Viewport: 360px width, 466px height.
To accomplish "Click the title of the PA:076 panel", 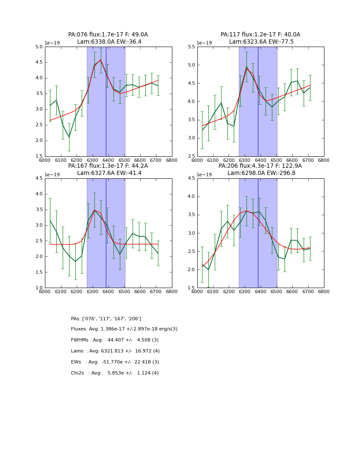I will coord(108,38).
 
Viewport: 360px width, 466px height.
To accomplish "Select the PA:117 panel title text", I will coord(260,38).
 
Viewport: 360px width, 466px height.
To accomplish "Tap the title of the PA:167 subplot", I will coord(108,169).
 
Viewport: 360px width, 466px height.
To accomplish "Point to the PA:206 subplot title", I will coord(260,169).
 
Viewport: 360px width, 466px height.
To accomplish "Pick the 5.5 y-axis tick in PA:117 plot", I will coord(191,47).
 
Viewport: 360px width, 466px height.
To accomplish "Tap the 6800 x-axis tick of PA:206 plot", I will coord(324,291).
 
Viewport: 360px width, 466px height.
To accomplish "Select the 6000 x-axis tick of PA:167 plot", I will coord(45,291).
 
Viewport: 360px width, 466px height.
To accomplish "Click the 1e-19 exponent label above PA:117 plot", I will coord(205,43).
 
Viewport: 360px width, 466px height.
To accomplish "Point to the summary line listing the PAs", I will coord(106,319).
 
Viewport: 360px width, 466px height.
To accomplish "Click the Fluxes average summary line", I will coord(124,329).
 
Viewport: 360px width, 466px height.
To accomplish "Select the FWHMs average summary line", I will coord(115,340).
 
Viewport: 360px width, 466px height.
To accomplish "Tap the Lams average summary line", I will coord(115,351).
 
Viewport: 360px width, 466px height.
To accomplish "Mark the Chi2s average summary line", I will coord(115,373).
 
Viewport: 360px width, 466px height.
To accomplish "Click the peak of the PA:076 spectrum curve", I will coord(100,60).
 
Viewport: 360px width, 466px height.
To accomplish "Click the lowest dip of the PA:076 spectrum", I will coord(69,137).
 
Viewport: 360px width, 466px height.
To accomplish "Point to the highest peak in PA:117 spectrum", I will coord(246,67).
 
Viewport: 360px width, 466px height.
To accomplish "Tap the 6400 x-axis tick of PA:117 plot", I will coord(260,160).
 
